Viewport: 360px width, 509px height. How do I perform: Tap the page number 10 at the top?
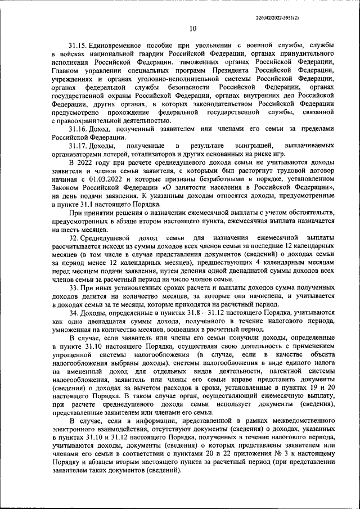193,29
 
